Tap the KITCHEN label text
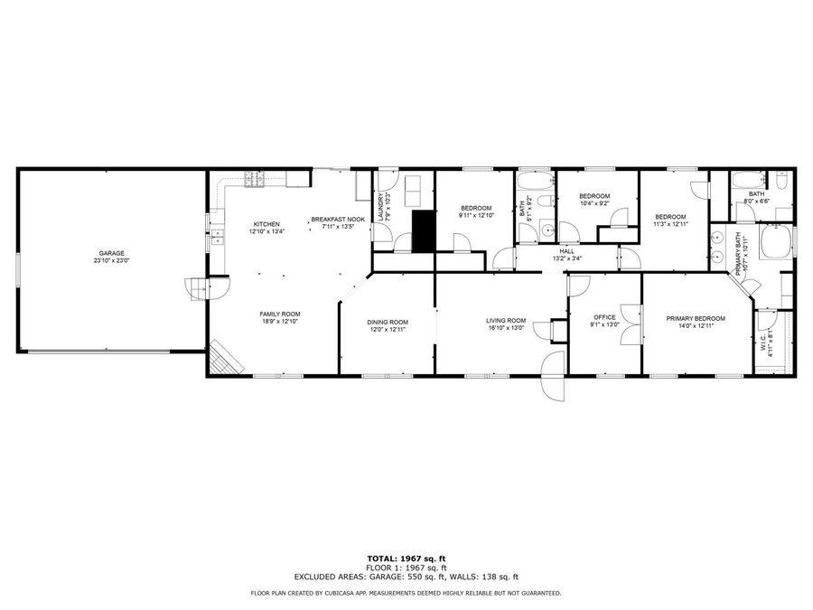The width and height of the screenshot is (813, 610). [266, 224]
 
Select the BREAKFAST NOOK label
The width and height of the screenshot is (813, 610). [338, 219]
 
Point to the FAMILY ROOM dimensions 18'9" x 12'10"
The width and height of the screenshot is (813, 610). [279, 321]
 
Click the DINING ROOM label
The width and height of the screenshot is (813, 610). [388, 322]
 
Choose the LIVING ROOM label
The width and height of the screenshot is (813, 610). [506, 320]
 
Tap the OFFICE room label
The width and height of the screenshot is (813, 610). [604, 317]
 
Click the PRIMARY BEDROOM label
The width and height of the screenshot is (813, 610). [696, 318]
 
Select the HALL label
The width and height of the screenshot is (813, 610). [567, 251]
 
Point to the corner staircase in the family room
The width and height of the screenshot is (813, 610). [226, 359]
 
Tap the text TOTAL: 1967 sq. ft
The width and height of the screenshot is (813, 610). [406, 559]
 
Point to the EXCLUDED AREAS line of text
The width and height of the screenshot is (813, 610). [406, 576]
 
